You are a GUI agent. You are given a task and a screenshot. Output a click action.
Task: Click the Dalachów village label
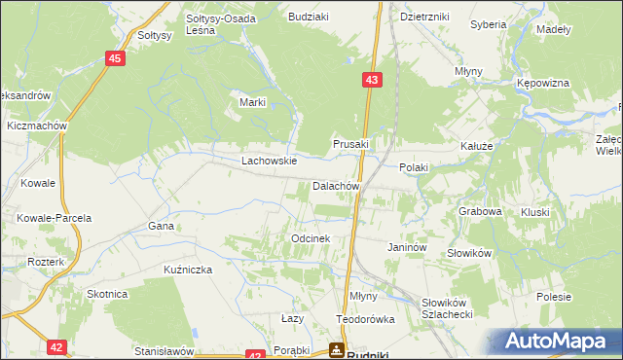point(337,186)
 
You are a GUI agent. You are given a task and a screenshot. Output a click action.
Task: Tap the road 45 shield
point(115,59)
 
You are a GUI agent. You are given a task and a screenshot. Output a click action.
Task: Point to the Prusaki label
point(351,144)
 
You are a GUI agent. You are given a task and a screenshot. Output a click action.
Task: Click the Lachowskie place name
point(269,162)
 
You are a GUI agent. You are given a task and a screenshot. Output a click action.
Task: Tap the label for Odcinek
point(311,238)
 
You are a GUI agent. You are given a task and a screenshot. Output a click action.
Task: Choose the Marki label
point(253,103)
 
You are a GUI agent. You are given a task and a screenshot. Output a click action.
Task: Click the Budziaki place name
point(307,18)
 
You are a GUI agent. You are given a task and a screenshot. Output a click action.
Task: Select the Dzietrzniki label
point(423,18)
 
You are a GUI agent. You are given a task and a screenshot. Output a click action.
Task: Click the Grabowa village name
point(480,210)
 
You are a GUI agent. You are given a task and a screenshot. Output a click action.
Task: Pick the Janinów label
point(408,248)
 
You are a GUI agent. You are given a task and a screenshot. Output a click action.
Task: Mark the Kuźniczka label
point(188,269)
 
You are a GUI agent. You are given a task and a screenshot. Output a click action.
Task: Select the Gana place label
point(161,226)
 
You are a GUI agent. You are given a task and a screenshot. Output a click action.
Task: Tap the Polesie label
point(553,296)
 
